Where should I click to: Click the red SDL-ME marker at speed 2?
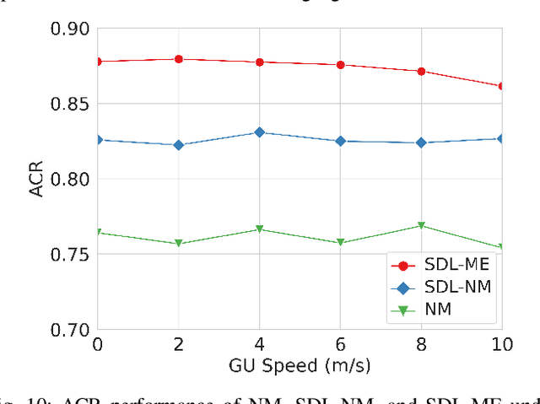(x=178, y=59)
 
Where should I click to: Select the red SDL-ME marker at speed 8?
(x=421, y=71)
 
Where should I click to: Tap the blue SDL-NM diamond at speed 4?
(x=259, y=132)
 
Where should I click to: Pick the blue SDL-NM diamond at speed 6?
(x=340, y=141)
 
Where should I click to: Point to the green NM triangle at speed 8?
(x=421, y=226)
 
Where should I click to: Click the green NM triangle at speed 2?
(x=178, y=244)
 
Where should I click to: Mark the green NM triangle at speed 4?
(x=259, y=229)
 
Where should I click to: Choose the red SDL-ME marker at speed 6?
(x=340, y=64)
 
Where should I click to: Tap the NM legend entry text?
(x=439, y=310)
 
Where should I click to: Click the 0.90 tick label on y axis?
(x=70, y=29)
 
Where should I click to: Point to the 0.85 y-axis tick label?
(x=70, y=104)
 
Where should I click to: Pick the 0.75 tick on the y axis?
(x=70, y=254)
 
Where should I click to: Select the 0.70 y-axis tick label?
(x=70, y=329)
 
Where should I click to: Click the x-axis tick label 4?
(x=259, y=345)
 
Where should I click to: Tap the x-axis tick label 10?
(x=501, y=345)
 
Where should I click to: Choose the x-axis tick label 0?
(x=97, y=345)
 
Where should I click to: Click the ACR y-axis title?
(x=36, y=179)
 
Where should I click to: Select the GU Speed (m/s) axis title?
(x=300, y=367)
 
